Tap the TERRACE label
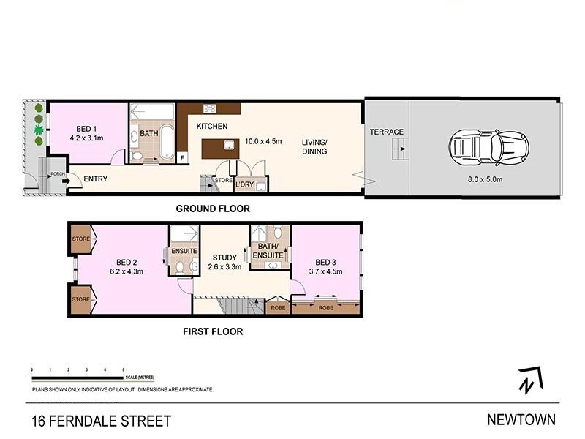coord(386,132)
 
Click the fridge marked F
coord(182,156)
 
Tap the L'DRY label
coord(244,185)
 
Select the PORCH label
coord(56,174)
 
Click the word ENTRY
coord(97,179)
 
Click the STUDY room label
coord(224,258)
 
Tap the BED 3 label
coord(326,262)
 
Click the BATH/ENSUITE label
coord(268,251)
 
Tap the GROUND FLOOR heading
coord(213,209)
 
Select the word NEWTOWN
coord(521,420)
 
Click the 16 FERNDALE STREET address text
coord(101,421)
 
